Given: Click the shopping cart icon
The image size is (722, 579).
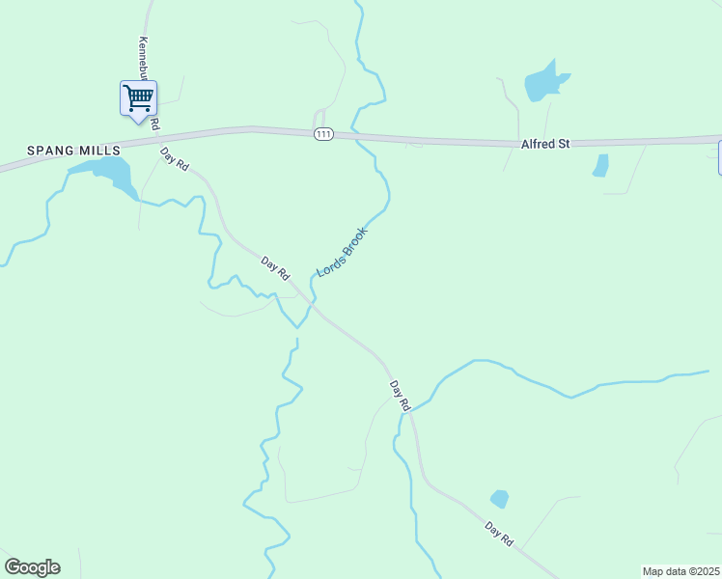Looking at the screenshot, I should [x=138, y=98].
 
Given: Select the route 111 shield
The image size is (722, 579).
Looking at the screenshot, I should [x=323, y=134].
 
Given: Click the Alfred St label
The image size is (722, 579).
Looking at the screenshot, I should [x=545, y=143].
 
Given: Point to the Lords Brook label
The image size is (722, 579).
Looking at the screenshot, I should [x=343, y=252].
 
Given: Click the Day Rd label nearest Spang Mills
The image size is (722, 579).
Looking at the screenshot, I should [x=175, y=159].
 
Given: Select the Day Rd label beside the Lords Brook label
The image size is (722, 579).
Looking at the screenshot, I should [x=276, y=267].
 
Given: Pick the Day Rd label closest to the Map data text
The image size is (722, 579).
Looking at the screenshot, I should [x=499, y=536].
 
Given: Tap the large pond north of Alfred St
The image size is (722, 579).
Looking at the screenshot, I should [x=544, y=84].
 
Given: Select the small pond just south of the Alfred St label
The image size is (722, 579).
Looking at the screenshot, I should [x=600, y=165].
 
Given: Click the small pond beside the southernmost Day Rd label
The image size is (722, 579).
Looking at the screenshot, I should [x=499, y=499].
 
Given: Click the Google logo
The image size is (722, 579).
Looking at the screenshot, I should [x=32, y=567].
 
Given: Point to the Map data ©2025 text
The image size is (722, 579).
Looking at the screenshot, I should [x=680, y=571].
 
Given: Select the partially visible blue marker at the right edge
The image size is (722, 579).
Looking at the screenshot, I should [x=719, y=157].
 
